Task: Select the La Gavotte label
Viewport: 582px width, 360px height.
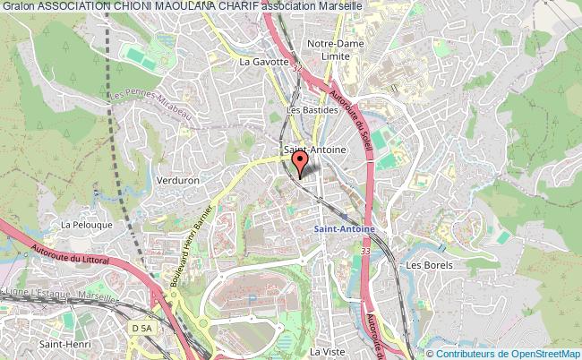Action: [x=264, y=62]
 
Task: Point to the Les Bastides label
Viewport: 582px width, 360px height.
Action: [x=311, y=110]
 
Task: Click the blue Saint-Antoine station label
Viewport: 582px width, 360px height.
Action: [x=344, y=228]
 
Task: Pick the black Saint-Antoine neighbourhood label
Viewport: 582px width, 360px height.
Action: [x=313, y=150]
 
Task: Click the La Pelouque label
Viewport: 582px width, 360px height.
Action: [x=83, y=225]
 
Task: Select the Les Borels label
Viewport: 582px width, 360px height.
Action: [x=429, y=265]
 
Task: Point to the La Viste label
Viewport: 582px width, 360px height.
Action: [x=327, y=352]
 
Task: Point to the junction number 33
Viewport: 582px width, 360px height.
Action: [x=366, y=253]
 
